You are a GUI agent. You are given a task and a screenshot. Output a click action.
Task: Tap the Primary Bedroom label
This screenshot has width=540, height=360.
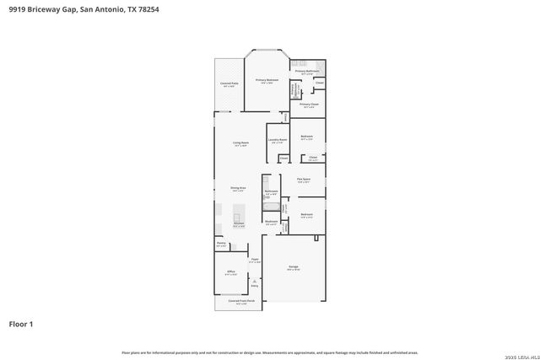(267, 80)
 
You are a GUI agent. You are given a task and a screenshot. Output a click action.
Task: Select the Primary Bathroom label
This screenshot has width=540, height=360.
(307, 72)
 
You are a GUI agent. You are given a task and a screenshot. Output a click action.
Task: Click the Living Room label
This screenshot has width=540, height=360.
(240, 142)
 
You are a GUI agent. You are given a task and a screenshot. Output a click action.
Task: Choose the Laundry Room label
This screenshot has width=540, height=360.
(278, 140)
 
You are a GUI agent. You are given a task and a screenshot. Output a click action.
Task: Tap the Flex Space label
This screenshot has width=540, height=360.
(304, 180)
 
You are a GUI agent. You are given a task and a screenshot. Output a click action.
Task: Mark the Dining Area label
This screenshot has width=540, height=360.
(238, 188)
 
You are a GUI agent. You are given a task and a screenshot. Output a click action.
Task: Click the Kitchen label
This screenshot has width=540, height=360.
(239, 223)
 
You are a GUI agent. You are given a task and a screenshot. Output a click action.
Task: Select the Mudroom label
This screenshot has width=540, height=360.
(272, 223)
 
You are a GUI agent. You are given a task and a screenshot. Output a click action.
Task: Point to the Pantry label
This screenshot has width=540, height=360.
(221, 244)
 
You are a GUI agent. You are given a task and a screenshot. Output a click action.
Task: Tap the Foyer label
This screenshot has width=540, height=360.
(254, 260)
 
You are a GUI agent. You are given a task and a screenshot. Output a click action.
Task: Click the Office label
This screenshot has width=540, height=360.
(230, 271)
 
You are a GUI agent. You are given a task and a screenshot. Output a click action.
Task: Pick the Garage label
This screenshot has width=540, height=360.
(294, 267)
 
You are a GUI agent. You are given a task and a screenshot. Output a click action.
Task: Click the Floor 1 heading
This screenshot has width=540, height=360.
(22, 323)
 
